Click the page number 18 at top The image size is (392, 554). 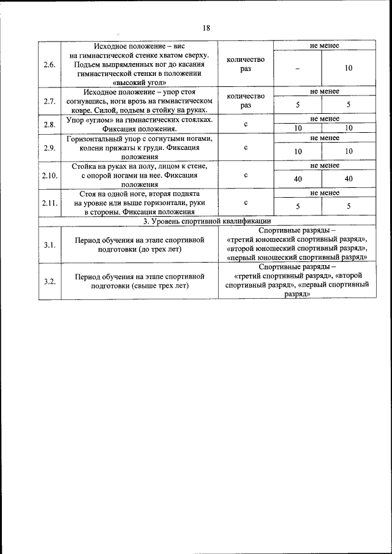pos(206,28)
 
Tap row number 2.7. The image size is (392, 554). pos(50,100)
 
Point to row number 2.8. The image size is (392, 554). pos(50,124)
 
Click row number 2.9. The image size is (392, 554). pos(50,148)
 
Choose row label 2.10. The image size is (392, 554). pos(50,175)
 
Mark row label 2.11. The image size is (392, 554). pos(50,203)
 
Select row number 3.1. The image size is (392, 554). pos(50,245)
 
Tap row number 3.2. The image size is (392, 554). pos(50,281)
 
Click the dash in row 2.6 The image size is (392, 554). pos(297,69)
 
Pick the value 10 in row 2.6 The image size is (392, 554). pos(348,69)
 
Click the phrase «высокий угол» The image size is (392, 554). pos(140,81)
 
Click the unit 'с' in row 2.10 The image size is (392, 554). pos(246,175)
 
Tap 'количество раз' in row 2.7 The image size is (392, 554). pos(246,100)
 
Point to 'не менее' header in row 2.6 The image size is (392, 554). pos(325,46)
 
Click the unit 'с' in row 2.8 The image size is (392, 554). pos(246,124)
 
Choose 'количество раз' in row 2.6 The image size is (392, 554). pos(246,64)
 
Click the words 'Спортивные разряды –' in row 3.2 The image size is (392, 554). pos(297,267)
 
